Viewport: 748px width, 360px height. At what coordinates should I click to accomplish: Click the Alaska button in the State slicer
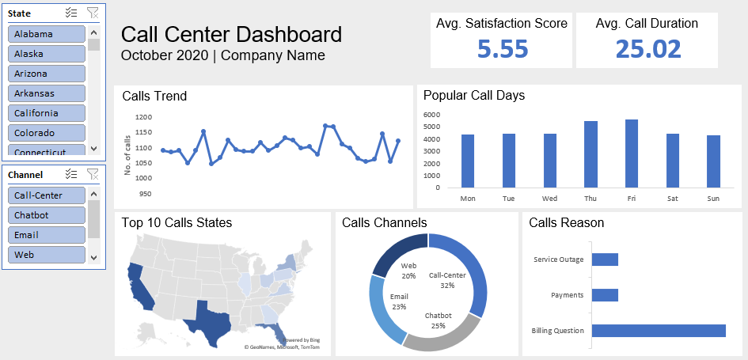click(47, 54)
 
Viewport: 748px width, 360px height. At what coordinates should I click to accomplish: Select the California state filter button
click(47, 113)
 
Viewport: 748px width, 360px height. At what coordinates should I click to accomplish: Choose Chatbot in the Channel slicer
click(47, 215)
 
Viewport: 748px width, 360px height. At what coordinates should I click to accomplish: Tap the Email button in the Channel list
click(47, 235)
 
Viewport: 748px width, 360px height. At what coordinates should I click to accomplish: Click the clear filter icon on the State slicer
click(93, 13)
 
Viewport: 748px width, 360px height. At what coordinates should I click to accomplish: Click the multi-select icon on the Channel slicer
click(71, 174)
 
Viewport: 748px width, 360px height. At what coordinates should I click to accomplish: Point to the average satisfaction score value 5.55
click(502, 49)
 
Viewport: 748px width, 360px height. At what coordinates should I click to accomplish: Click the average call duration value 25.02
click(647, 49)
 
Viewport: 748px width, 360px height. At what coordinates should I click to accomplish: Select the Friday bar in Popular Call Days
click(631, 153)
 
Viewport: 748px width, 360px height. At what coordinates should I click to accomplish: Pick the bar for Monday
click(468, 161)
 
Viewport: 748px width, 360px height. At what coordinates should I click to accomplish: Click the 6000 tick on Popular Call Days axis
click(431, 115)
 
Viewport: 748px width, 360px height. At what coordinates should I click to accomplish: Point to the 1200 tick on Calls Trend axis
click(143, 117)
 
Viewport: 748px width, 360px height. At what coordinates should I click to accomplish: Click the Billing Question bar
click(658, 331)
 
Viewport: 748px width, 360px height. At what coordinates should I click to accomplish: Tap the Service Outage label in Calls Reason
click(558, 260)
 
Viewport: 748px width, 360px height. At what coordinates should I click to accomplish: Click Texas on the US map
click(207, 320)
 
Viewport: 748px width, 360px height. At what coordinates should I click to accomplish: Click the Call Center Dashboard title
click(231, 35)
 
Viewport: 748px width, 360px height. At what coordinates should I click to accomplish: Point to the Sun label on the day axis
click(712, 199)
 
